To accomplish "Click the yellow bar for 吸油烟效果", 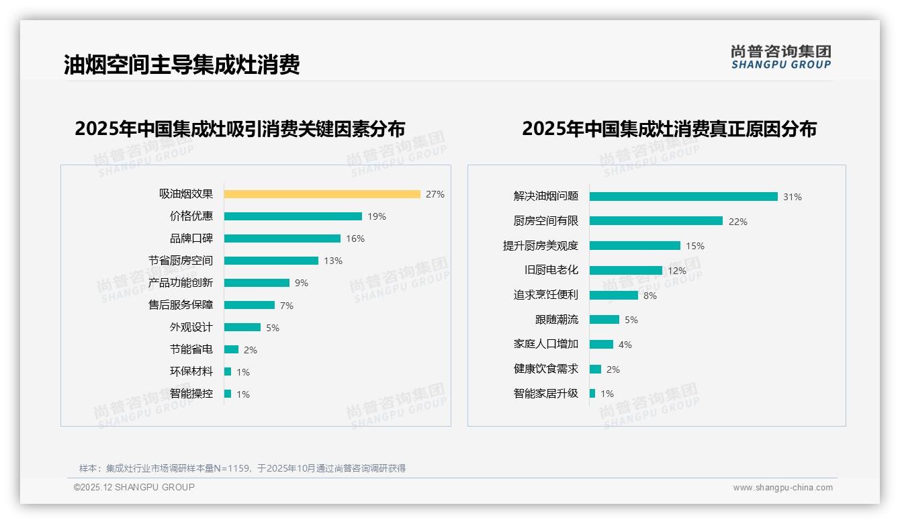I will click(322, 194).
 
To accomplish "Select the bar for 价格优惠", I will click(293, 216).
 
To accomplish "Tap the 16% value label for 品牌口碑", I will click(355, 238).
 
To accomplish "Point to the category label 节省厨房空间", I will click(181, 261).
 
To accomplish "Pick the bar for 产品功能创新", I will click(257, 283).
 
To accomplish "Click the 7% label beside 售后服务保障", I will click(287, 306).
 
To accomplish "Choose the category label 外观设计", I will click(191, 327).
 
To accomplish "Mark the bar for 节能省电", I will click(231, 349).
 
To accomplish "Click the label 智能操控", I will click(191, 394).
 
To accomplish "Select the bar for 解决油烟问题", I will click(683, 197).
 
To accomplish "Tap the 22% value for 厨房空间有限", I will click(738, 222).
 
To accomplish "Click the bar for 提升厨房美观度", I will click(635, 246).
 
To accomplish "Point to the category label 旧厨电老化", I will click(551, 270).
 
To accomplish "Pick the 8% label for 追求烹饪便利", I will click(650, 296).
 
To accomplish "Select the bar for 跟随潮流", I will click(604, 320).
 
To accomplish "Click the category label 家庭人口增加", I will click(546, 344).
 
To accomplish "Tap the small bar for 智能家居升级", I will click(592, 394).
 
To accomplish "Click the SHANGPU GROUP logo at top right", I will click(781, 57).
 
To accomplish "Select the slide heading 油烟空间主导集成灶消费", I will click(181, 64).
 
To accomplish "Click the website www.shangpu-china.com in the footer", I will click(782, 488).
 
